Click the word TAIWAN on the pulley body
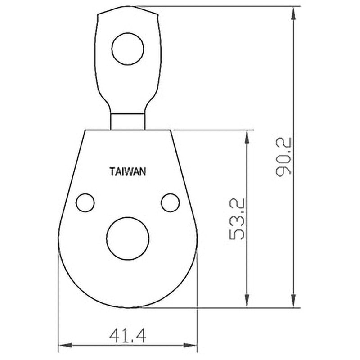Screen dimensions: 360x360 (x=127, y=171)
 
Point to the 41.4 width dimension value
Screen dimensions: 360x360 (x=128, y=334)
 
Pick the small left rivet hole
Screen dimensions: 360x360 (x=85, y=202)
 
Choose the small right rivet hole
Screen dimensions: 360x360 (x=170, y=202)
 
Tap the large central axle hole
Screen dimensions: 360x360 (x=128, y=238)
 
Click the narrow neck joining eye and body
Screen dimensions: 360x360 (x=128, y=121)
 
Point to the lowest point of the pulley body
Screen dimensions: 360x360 (x=128, y=307)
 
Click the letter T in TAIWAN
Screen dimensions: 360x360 (x=112, y=171)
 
